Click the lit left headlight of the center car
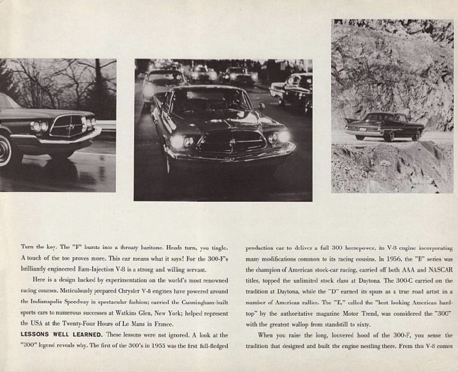pos(177,141)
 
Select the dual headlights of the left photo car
pos(39,127)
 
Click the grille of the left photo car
pos(67,125)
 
